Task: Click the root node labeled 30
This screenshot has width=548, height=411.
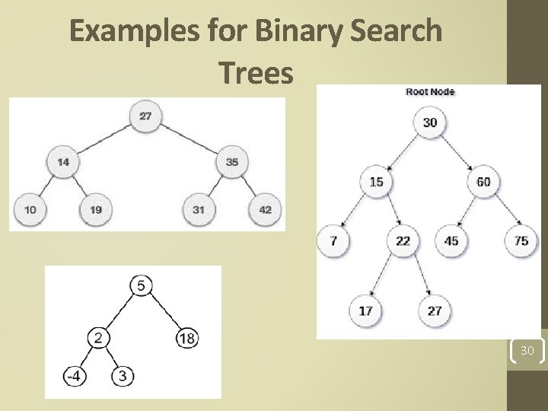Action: pyautogui.click(x=430, y=123)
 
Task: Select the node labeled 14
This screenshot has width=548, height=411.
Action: pyautogui.click(x=63, y=161)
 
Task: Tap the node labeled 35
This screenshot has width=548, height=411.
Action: pyautogui.click(x=232, y=161)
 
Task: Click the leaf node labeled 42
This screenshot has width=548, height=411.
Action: pyautogui.click(x=265, y=209)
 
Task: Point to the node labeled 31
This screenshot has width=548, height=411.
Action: pyautogui.click(x=199, y=209)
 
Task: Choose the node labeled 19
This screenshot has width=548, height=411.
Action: pyautogui.click(x=96, y=209)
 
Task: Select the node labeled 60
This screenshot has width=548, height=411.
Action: pyautogui.click(x=483, y=182)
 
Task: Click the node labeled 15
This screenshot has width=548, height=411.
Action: pyautogui.click(x=376, y=182)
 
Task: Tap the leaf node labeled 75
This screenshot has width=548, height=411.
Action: pyautogui.click(x=521, y=241)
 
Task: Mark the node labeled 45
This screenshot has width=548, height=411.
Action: pyautogui.click(x=451, y=241)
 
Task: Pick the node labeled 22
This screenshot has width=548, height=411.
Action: pyautogui.click(x=403, y=241)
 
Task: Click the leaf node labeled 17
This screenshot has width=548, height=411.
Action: pyautogui.click(x=365, y=311)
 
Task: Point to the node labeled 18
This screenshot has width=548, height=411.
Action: pyautogui.click(x=187, y=338)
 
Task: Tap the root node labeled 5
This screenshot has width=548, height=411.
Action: pyautogui.click(x=142, y=285)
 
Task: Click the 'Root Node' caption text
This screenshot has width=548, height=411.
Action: pyautogui.click(x=430, y=92)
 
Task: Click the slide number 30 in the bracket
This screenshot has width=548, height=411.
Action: pyautogui.click(x=527, y=351)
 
